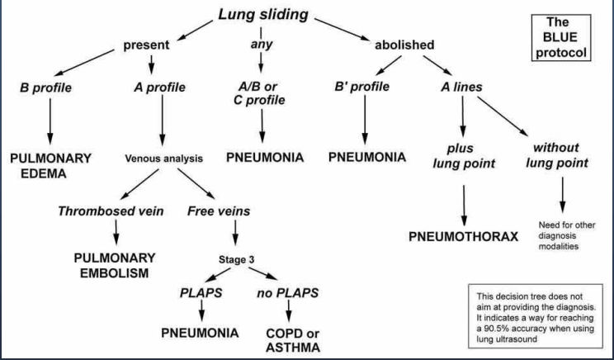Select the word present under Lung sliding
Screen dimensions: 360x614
tap(147, 45)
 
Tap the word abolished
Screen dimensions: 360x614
tap(404, 45)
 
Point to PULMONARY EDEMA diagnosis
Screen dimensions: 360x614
tap(50, 164)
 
